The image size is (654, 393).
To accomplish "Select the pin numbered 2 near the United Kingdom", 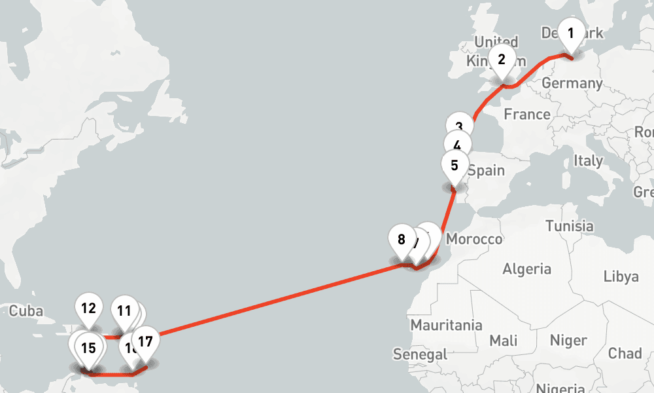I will (x=502, y=60).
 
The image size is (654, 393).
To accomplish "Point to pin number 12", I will (x=89, y=308).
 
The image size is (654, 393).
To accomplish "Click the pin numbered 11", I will (x=124, y=310).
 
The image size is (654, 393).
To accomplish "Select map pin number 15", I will (x=89, y=348).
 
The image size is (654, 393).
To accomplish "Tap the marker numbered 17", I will (x=145, y=341).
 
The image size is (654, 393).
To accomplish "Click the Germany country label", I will (x=572, y=83).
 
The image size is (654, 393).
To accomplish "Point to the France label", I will (x=527, y=115).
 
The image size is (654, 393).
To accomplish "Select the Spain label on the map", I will (x=486, y=170).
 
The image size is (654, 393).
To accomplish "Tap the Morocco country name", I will (x=474, y=239).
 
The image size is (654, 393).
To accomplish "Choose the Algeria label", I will (x=526, y=269).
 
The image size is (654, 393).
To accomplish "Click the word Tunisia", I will (x=569, y=226).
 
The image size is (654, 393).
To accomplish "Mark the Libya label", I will (x=621, y=276).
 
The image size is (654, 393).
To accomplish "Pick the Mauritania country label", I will (x=446, y=325).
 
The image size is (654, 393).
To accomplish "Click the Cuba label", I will (x=26, y=310).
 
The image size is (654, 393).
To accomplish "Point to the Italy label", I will (x=588, y=160).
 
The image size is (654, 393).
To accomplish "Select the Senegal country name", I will (x=420, y=354).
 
